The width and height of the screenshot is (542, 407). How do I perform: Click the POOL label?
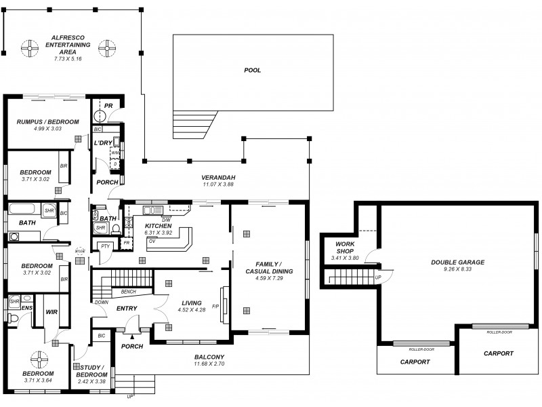pos(252,70)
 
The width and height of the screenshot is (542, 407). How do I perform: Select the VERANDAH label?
pos(217,177)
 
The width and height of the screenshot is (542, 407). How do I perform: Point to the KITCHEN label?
pos(158,226)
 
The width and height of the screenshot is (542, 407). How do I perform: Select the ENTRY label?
pos(127,309)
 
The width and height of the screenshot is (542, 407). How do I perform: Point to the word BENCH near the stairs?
pos(129,292)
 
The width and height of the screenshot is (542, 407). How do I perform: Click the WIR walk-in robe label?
pos(51,313)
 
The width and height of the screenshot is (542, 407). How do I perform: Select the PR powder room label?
pos(108,106)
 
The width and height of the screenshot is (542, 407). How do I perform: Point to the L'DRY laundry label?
pos(103,142)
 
